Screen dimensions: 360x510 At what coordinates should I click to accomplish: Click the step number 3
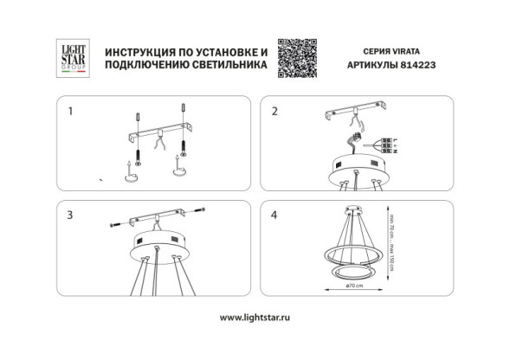coord(70,213)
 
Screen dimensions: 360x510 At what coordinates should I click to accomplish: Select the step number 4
coord(274,213)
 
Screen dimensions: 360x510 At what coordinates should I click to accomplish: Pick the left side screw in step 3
coord(114,226)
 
